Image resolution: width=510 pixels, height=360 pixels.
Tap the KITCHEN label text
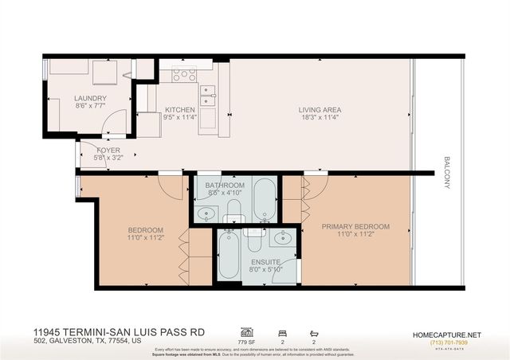pos(179,110)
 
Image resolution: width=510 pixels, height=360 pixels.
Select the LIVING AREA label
pos(319,110)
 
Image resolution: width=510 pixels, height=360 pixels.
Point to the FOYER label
pos(108,150)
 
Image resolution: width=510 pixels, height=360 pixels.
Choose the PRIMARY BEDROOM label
pos(355,227)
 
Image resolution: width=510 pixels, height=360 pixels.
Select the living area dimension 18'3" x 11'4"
pos(319,118)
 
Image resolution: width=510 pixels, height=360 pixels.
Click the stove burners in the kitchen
pos(185,74)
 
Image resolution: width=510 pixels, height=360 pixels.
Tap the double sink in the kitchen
pos(207,96)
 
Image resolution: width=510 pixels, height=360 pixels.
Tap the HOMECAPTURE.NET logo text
pos(451,334)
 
